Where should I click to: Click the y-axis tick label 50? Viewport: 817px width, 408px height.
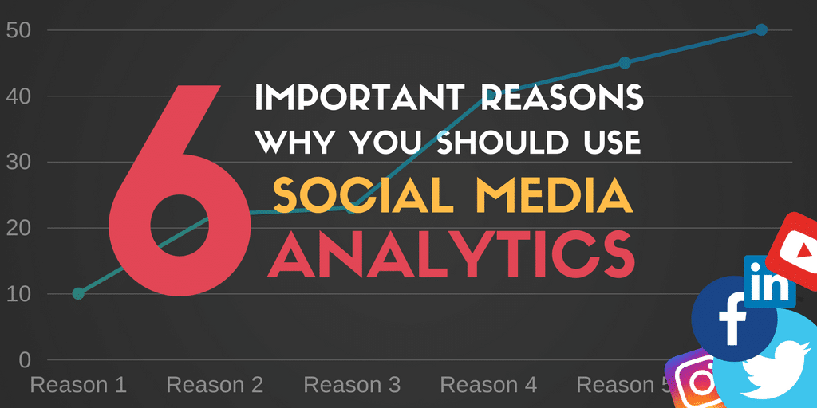20,30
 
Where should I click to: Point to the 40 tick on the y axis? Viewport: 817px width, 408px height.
20,96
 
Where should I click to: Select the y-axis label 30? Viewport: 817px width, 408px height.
20,163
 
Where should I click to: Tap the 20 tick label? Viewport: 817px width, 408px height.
20,228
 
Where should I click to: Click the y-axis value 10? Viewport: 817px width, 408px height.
20,294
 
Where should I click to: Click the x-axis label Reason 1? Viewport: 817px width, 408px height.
79,385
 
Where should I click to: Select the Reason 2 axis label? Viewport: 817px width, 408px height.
215,385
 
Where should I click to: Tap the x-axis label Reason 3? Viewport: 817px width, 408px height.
352,385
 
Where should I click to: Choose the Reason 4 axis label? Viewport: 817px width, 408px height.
488,385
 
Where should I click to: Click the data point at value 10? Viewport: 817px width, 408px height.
78,293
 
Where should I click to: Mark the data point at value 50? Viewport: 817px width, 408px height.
761,29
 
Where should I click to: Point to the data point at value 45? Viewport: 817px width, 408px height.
625,63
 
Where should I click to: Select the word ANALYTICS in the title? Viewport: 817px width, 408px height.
451,254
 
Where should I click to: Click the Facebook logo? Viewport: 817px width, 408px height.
734,319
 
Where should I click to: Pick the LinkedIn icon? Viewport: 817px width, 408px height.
770,281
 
